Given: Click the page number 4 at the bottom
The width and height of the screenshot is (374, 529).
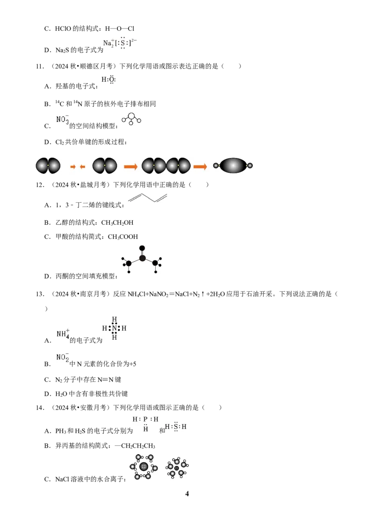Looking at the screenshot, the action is click(187, 494).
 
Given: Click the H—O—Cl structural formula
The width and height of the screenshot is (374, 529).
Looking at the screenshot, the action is click(120, 29).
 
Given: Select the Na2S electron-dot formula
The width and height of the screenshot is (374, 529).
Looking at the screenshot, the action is click(120, 43).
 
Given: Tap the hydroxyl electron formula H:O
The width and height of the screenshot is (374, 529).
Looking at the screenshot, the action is click(108, 79).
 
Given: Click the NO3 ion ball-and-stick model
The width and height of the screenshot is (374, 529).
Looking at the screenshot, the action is click(131, 119).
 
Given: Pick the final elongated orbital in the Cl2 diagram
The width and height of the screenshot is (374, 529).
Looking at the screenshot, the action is click(233, 165).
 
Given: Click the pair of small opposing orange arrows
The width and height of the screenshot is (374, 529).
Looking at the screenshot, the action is click(78, 167).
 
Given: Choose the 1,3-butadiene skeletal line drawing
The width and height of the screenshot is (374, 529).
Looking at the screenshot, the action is click(148, 198).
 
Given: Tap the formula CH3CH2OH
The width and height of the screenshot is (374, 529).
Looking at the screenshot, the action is click(117, 223).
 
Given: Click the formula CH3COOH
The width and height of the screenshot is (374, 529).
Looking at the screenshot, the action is click(123, 237).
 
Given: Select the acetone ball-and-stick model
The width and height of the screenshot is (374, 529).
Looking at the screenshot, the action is click(142, 259).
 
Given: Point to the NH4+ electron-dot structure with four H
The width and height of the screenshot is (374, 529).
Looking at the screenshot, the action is click(115, 328).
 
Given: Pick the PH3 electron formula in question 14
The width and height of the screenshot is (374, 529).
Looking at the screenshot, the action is click(145, 424).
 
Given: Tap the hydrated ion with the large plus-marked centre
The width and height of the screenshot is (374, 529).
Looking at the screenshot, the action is click(144, 467).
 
